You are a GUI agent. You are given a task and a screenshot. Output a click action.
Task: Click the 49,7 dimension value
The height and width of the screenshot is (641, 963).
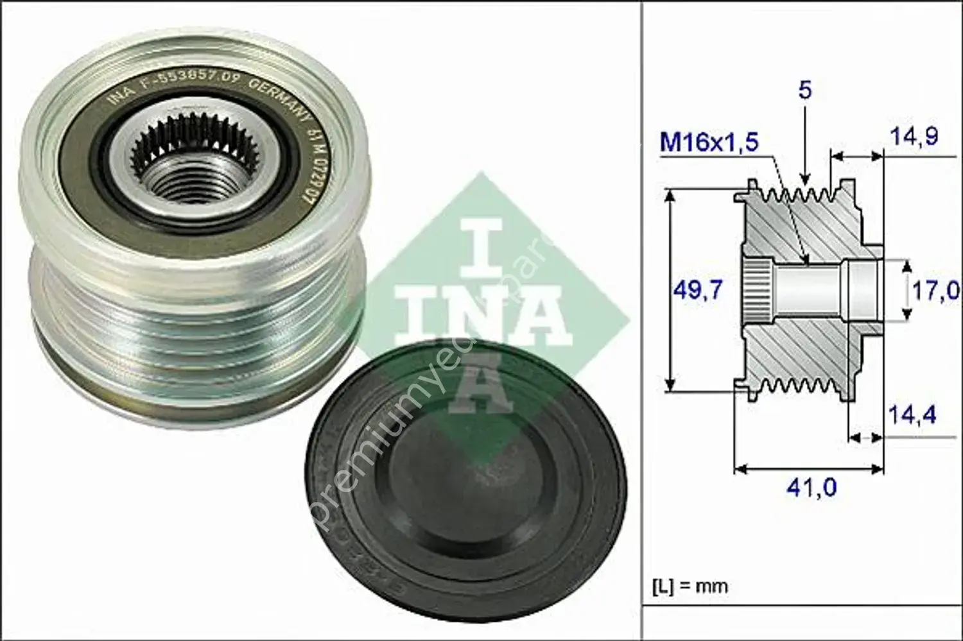[x=698, y=291]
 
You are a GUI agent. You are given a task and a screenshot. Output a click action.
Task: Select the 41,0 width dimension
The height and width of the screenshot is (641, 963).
[x=811, y=488]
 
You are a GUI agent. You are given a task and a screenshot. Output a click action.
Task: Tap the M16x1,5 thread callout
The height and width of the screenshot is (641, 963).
[x=709, y=142]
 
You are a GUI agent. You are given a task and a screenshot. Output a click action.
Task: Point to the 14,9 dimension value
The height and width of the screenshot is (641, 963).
[x=914, y=136]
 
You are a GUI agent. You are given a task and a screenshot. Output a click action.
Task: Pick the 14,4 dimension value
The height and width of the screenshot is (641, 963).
[x=912, y=415]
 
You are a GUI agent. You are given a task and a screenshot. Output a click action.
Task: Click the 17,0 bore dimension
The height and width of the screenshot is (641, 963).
[x=935, y=291]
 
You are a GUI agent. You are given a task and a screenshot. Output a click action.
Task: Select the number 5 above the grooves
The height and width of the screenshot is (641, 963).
[x=805, y=90]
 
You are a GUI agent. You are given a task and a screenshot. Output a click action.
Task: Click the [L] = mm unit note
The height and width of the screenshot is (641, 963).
[x=691, y=586]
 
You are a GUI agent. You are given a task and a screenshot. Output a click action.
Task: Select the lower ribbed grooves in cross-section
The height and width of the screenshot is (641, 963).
[x=796, y=386]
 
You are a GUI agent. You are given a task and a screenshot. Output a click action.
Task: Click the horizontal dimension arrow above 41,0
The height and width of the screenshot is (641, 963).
[x=809, y=469]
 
